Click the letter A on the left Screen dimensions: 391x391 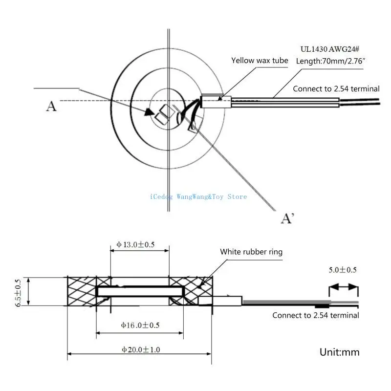[x=51, y=106]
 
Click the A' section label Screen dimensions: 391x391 [x=287, y=218]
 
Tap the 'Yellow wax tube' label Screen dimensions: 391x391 [x=260, y=61]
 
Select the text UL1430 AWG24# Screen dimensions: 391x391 [x=330, y=49]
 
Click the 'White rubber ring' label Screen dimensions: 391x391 [x=251, y=252]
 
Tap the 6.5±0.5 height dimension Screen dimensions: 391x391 [x=18, y=292]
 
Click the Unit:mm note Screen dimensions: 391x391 [x=339, y=351]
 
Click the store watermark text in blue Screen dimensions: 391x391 [x=198, y=196]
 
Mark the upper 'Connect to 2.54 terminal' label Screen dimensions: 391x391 [x=336, y=88]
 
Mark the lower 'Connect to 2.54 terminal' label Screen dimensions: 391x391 [x=316, y=315]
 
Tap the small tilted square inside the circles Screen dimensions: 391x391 [x=161, y=115]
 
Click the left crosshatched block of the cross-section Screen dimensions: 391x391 [x=82, y=291]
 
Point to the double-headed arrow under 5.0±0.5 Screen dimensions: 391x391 [x=344, y=288]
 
